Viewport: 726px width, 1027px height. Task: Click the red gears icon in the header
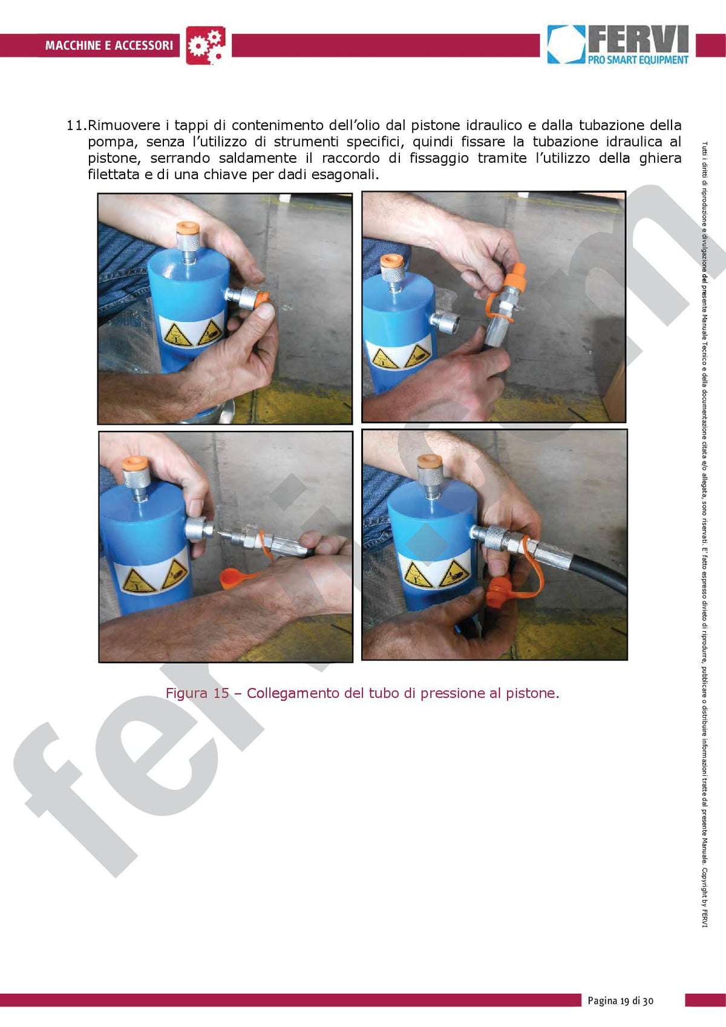tap(206, 45)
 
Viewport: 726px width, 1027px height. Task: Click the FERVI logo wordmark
tap(638, 39)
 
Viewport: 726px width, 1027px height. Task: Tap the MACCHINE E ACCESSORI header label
tap(109, 45)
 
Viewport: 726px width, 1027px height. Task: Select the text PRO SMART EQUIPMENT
tap(638, 59)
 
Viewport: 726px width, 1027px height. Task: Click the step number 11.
tap(76, 126)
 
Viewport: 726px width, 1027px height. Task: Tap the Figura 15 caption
tap(362, 693)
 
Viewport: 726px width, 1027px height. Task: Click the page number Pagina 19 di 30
tap(621, 1001)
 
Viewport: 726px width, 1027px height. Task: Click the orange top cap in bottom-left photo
tap(134, 464)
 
